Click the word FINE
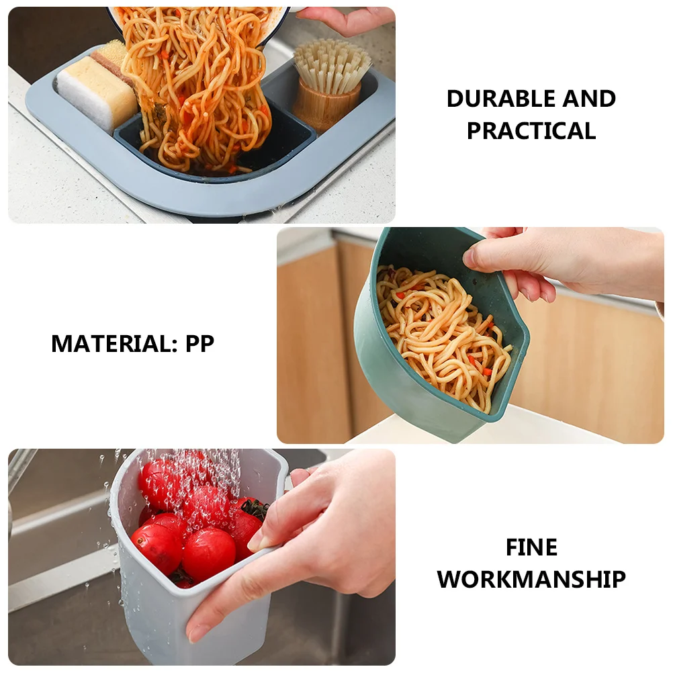531,548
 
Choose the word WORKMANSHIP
531,579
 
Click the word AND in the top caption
588,99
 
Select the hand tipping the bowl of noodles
343,20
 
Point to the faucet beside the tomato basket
20,470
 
